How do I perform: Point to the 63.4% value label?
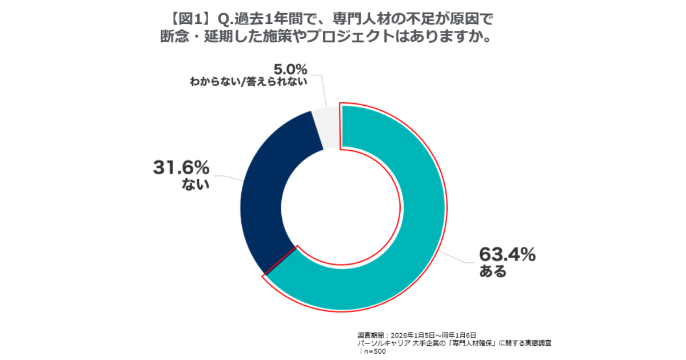(x=507, y=254)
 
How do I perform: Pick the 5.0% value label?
(x=290, y=70)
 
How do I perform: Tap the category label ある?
(x=493, y=272)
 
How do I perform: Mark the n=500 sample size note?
(x=374, y=351)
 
